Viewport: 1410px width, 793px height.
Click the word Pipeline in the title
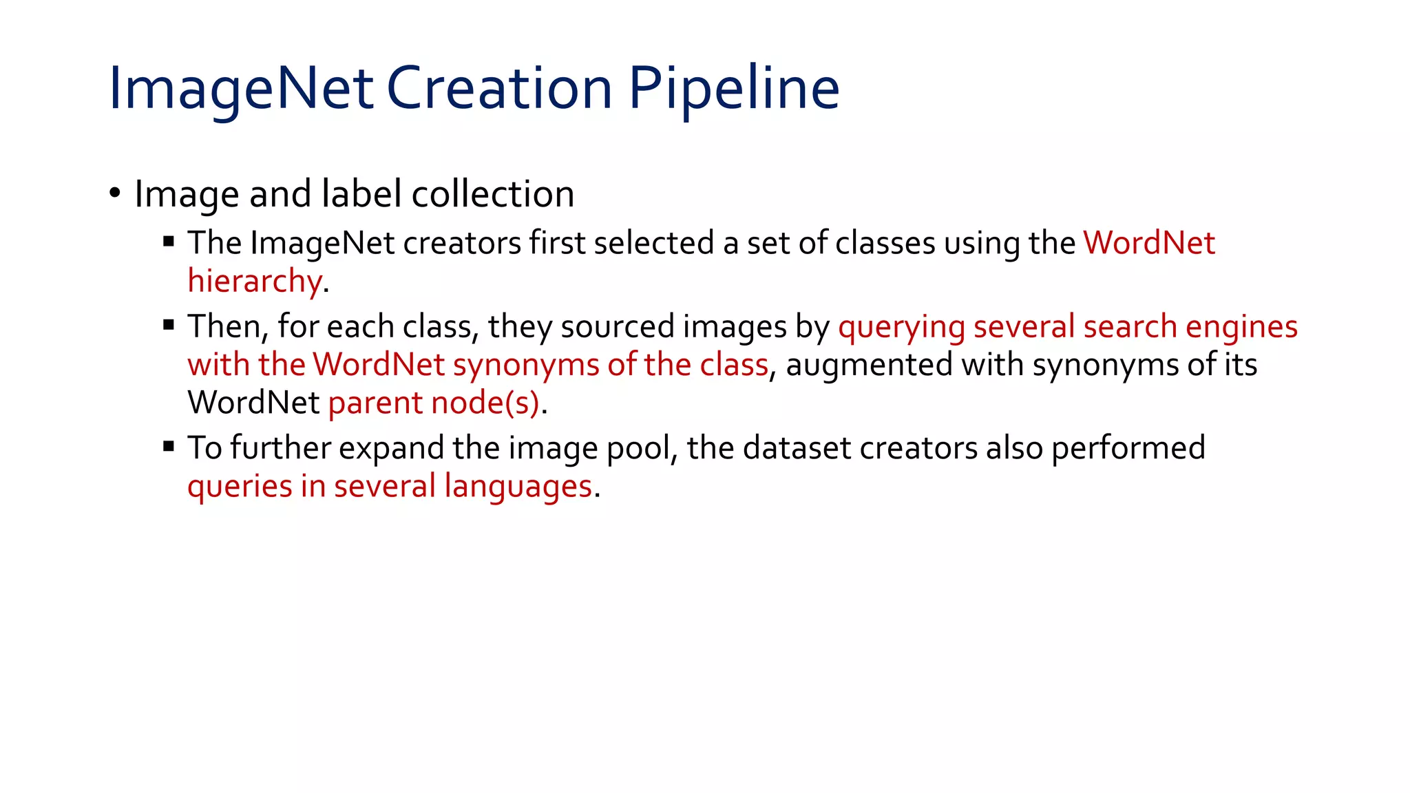[734, 89]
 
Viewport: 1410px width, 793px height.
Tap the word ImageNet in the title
[241, 89]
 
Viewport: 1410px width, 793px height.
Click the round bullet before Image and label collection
[115, 192]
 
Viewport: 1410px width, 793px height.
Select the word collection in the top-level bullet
[492, 194]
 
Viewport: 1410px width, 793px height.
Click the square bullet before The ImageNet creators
[169, 241]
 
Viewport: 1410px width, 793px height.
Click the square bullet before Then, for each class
[169, 325]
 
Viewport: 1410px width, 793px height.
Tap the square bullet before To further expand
[169, 447]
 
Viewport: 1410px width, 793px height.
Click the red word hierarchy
[254, 282]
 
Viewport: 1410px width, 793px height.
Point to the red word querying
[901, 327]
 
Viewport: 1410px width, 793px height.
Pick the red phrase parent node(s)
[434, 403]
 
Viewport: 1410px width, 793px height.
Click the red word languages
[518, 487]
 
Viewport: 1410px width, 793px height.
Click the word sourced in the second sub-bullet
[617, 327]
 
